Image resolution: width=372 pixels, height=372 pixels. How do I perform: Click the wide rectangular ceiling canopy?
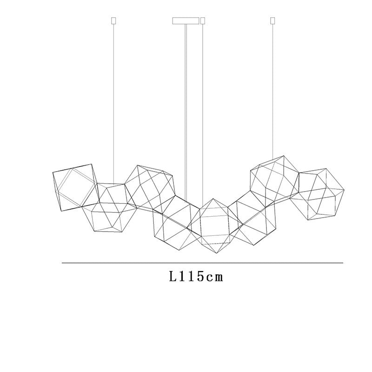coord(186,20)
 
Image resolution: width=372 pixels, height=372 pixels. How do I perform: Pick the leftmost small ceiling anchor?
coord(113,20)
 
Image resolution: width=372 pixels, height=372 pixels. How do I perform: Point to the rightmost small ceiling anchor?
coord(272,20)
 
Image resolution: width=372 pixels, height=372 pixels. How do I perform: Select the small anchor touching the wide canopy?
coord(203,20)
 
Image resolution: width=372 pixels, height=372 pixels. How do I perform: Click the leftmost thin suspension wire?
coord(113,93)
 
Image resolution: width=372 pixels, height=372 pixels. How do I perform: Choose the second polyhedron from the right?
coord(274,179)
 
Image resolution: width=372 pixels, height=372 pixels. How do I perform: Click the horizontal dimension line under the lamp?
coord(202,263)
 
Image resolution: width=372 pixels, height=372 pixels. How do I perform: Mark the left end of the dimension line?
coord(62,263)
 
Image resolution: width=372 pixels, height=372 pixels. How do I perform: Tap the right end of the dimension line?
coord(343,263)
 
